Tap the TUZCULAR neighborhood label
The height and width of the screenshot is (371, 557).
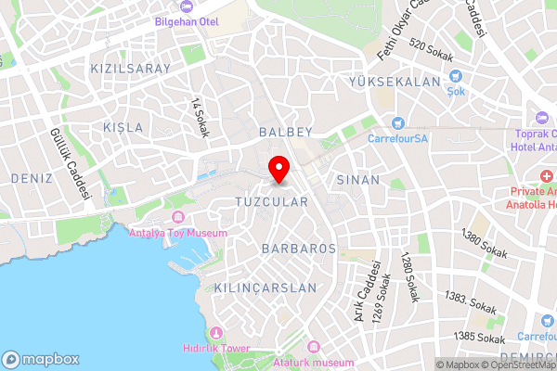tap(271, 202)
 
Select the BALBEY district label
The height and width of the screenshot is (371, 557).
tap(286, 133)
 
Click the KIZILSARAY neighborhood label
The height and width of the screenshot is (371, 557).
tap(131, 70)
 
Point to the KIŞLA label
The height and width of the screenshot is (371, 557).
tap(123, 127)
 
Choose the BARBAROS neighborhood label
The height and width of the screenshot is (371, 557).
tap(298, 249)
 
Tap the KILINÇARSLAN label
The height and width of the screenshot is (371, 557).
tap(265, 288)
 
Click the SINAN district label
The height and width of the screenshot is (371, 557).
tap(359, 180)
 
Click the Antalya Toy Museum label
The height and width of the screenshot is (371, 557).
tap(178, 233)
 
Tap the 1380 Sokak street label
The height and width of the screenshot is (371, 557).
tap(483, 247)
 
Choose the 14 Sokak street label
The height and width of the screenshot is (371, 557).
tap(200, 118)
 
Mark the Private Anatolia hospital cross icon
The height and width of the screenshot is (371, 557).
tap(547, 176)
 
